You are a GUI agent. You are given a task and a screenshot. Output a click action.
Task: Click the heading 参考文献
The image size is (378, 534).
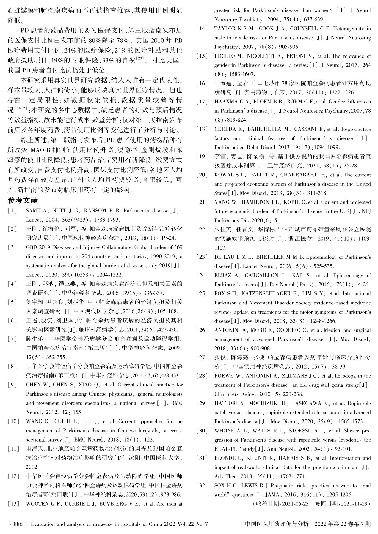click(x=23, y=201)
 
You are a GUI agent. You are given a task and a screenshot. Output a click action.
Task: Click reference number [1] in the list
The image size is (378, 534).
click(x=12, y=211)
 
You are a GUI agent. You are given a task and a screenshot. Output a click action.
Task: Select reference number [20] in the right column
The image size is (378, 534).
click(x=202, y=175)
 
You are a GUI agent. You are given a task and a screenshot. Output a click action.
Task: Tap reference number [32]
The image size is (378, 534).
click(x=202, y=486)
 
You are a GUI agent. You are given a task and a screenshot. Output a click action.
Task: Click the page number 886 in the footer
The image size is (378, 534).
click(x=18, y=524)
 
